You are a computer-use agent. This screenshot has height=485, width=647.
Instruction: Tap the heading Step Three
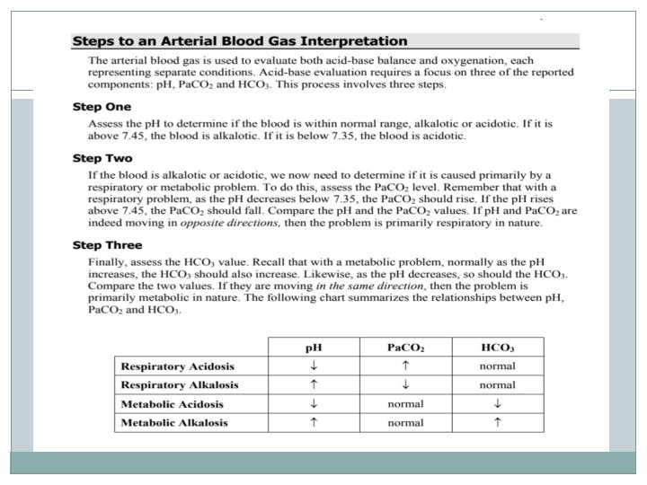point(106,244)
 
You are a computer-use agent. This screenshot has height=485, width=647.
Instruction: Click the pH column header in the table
point(314,347)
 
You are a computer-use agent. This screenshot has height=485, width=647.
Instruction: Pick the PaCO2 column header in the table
point(405,347)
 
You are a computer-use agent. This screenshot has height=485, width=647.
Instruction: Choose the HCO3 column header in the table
point(497,347)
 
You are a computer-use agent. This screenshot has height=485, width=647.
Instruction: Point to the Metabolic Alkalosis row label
point(174,422)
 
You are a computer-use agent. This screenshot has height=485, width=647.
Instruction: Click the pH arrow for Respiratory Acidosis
point(314,366)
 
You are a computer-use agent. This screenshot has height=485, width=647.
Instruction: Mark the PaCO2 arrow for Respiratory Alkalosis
point(405,384)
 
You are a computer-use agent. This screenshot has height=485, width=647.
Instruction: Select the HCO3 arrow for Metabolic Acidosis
point(497,403)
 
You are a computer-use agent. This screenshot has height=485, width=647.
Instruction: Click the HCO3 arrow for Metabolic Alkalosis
point(497,422)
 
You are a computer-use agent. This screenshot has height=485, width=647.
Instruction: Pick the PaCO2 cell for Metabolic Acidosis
point(405,403)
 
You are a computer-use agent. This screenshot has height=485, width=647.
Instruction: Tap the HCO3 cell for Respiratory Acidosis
point(497,366)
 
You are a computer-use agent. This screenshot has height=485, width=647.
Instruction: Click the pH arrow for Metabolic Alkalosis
point(314,422)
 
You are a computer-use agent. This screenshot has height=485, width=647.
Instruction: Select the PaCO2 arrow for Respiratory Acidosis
point(405,366)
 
